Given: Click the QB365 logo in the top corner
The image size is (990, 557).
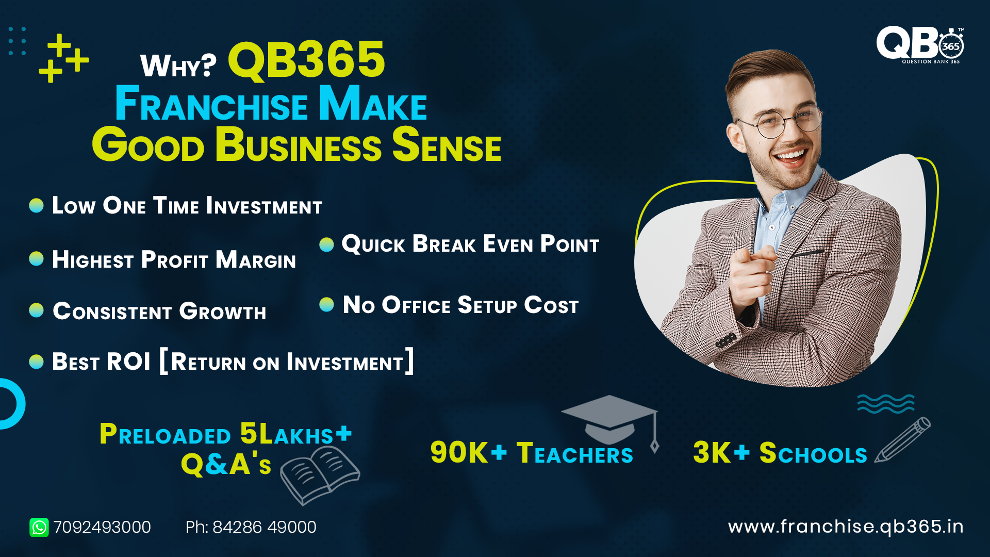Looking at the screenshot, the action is tap(920, 45).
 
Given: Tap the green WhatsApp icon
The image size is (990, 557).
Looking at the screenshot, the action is tap(39, 527).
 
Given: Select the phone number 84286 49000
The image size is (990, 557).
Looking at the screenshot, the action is tap(265, 527).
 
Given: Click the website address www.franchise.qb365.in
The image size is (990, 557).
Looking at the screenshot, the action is tap(846, 527).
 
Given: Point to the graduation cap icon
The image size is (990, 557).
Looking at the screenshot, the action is tap(610, 420).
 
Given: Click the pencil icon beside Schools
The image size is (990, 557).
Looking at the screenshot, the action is tap(902, 439).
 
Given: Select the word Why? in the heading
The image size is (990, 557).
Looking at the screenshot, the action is tap(178, 66).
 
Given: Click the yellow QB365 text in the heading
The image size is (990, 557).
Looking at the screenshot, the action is tap(306, 60).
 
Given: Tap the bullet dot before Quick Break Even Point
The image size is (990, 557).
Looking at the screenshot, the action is tap(326, 244).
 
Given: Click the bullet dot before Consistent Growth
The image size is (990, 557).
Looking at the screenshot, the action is tap(36, 310).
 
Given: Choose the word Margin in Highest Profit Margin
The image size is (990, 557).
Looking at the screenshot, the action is tap(256, 259).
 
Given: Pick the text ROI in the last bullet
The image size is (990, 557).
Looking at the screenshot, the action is tap(129, 362).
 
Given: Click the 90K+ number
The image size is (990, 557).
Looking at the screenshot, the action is tap(469, 452).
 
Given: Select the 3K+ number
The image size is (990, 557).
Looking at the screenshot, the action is tap(721, 452).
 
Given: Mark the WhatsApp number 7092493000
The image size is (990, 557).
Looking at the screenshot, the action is tap(102, 527).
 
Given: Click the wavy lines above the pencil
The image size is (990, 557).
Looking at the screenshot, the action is tap(886, 403).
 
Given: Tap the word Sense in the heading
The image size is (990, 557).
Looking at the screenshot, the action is tap(447, 145).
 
